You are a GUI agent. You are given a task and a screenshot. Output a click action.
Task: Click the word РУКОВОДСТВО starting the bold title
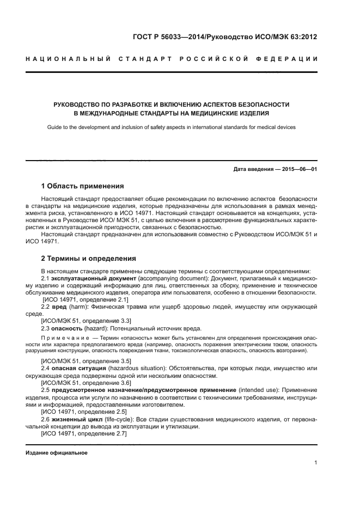coord(77,104)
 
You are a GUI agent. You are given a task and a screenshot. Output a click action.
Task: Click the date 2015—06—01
coord(298,169)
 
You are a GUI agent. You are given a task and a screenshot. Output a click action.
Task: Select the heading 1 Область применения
coord(82,186)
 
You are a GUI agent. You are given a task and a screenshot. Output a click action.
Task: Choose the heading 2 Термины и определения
coord(88,258)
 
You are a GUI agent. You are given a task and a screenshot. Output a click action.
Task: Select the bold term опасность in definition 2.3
coord(68,328)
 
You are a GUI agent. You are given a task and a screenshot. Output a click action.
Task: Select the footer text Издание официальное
coord(57,453)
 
